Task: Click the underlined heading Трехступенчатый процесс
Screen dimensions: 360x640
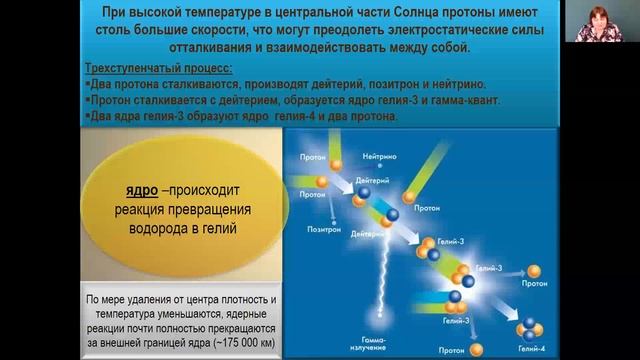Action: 157,68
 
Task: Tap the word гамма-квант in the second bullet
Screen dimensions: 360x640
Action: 474,99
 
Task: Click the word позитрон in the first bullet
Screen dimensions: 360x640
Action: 380,83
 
